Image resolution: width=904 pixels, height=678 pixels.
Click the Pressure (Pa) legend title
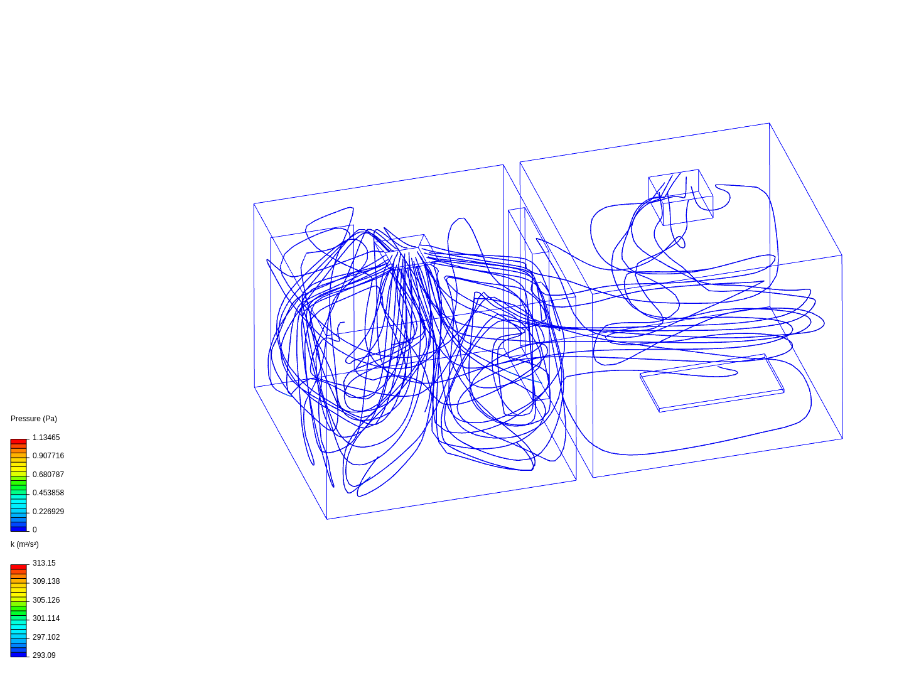(34, 419)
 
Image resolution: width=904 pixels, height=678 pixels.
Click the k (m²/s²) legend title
(24, 544)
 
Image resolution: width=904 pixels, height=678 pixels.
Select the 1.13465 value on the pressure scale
(46, 438)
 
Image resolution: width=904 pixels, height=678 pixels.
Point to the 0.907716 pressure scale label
(48, 456)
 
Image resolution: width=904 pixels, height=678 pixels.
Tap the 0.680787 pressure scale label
(48, 475)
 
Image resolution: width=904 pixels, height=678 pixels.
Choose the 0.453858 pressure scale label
(48, 493)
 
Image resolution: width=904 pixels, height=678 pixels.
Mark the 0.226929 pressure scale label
(48, 512)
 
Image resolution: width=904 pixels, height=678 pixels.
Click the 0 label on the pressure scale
(35, 530)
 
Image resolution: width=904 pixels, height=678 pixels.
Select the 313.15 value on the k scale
(44, 563)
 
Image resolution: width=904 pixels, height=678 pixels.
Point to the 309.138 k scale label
(46, 581)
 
